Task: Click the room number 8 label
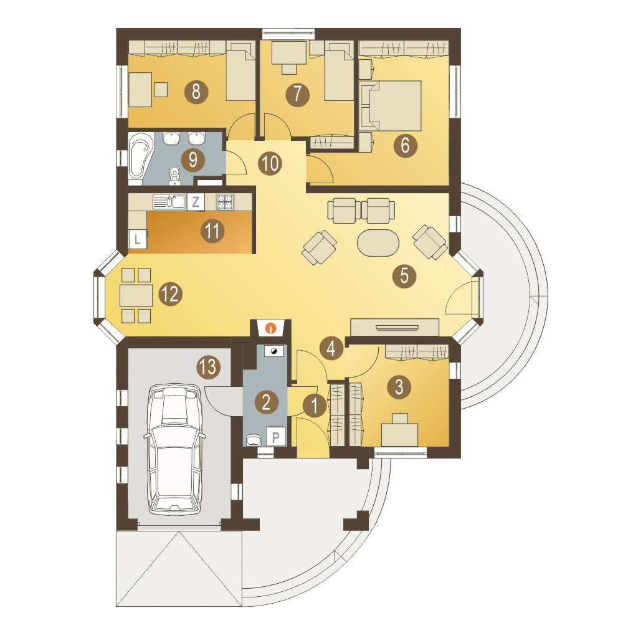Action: [x=196, y=92]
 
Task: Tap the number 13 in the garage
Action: [x=209, y=366]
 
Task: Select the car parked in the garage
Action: [x=174, y=449]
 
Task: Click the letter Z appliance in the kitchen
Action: [x=196, y=202]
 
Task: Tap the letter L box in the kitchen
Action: [x=138, y=239]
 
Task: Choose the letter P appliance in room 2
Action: [x=276, y=437]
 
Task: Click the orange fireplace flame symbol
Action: [x=271, y=328]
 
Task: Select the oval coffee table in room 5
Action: [x=378, y=243]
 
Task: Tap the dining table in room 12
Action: [x=136, y=295]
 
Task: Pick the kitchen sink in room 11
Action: [x=169, y=201]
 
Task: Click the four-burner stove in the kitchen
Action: [x=226, y=202]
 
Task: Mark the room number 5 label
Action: [x=404, y=275]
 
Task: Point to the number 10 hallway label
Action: [x=270, y=163]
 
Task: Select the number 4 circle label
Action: [x=331, y=348]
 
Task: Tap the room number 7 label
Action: [x=298, y=94]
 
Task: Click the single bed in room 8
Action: [x=240, y=75]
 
